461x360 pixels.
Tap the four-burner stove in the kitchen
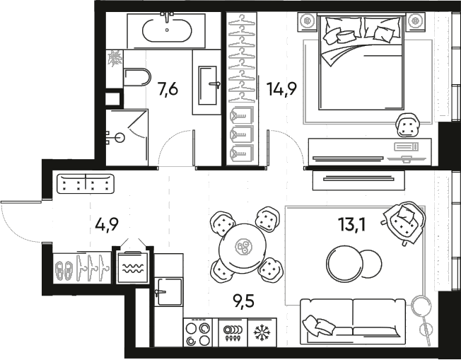198,332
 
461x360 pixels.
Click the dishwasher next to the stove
230,332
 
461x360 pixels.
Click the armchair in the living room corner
403,221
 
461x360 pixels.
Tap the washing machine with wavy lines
132,267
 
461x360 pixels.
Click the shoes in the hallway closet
64,269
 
